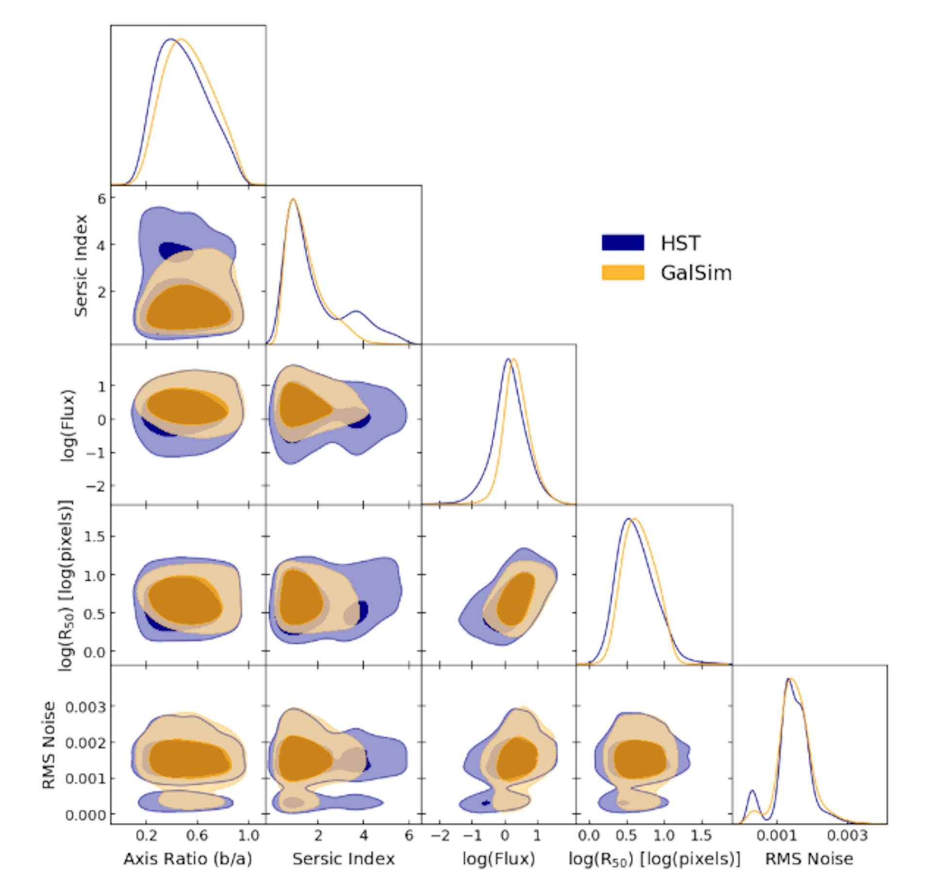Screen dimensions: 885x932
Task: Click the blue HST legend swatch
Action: point(623,242)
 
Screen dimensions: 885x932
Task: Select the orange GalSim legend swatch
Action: point(623,272)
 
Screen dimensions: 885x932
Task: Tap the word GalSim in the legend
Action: point(696,273)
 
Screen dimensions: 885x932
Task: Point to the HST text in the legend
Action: point(680,243)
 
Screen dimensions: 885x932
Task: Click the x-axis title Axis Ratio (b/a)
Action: point(188,859)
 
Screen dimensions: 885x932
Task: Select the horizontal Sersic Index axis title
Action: point(343,859)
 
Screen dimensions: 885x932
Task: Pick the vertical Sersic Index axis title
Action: point(81,266)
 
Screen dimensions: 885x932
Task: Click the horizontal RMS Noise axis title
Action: point(809,859)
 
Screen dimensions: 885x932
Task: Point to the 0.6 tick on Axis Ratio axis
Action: point(197,835)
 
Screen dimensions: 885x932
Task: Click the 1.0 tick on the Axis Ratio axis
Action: point(249,835)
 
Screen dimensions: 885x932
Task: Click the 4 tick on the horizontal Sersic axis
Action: point(364,835)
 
